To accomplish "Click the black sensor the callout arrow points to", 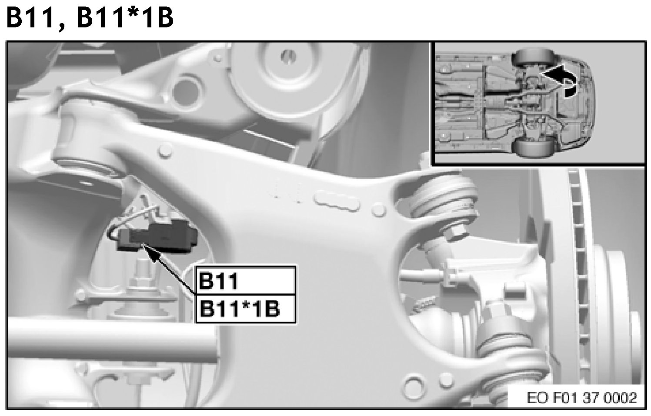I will coord(159,237).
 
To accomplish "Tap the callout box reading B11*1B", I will coord(245,309).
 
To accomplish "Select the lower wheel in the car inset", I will coord(531,148).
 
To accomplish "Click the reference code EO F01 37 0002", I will coord(582,398).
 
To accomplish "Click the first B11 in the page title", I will coord(30,18).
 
